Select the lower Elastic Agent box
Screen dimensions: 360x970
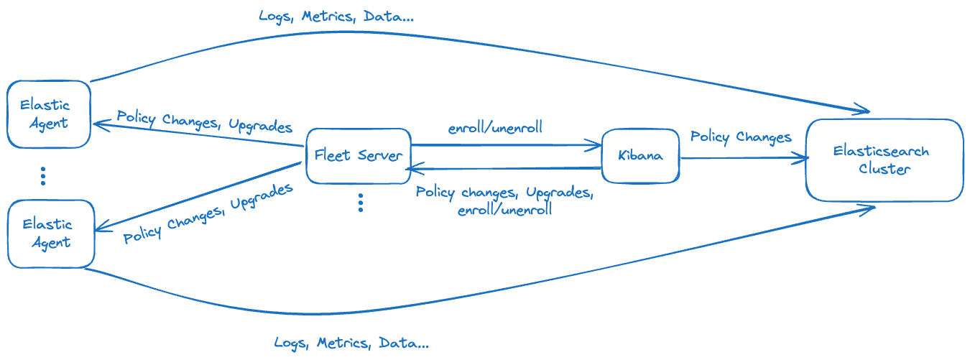[x=50, y=234]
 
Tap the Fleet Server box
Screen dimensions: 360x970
[x=359, y=155]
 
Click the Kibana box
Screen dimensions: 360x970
[x=639, y=155]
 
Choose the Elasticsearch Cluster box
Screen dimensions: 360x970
[x=884, y=160]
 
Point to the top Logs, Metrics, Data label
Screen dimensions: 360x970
[x=336, y=16]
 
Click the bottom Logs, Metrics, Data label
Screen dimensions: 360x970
[x=351, y=343]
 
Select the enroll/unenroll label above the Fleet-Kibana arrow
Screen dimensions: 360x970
[x=495, y=129]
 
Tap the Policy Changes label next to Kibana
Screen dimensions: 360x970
[x=741, y=137]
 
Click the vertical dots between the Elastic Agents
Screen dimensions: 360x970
[x=43, y=175]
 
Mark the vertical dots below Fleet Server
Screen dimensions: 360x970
[x=361, y=203]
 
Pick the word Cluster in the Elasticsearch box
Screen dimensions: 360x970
[x=884, y=170]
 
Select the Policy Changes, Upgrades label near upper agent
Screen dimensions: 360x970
[x=205, y=121]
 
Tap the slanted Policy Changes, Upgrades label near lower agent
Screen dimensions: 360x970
[x=208, y=213]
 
